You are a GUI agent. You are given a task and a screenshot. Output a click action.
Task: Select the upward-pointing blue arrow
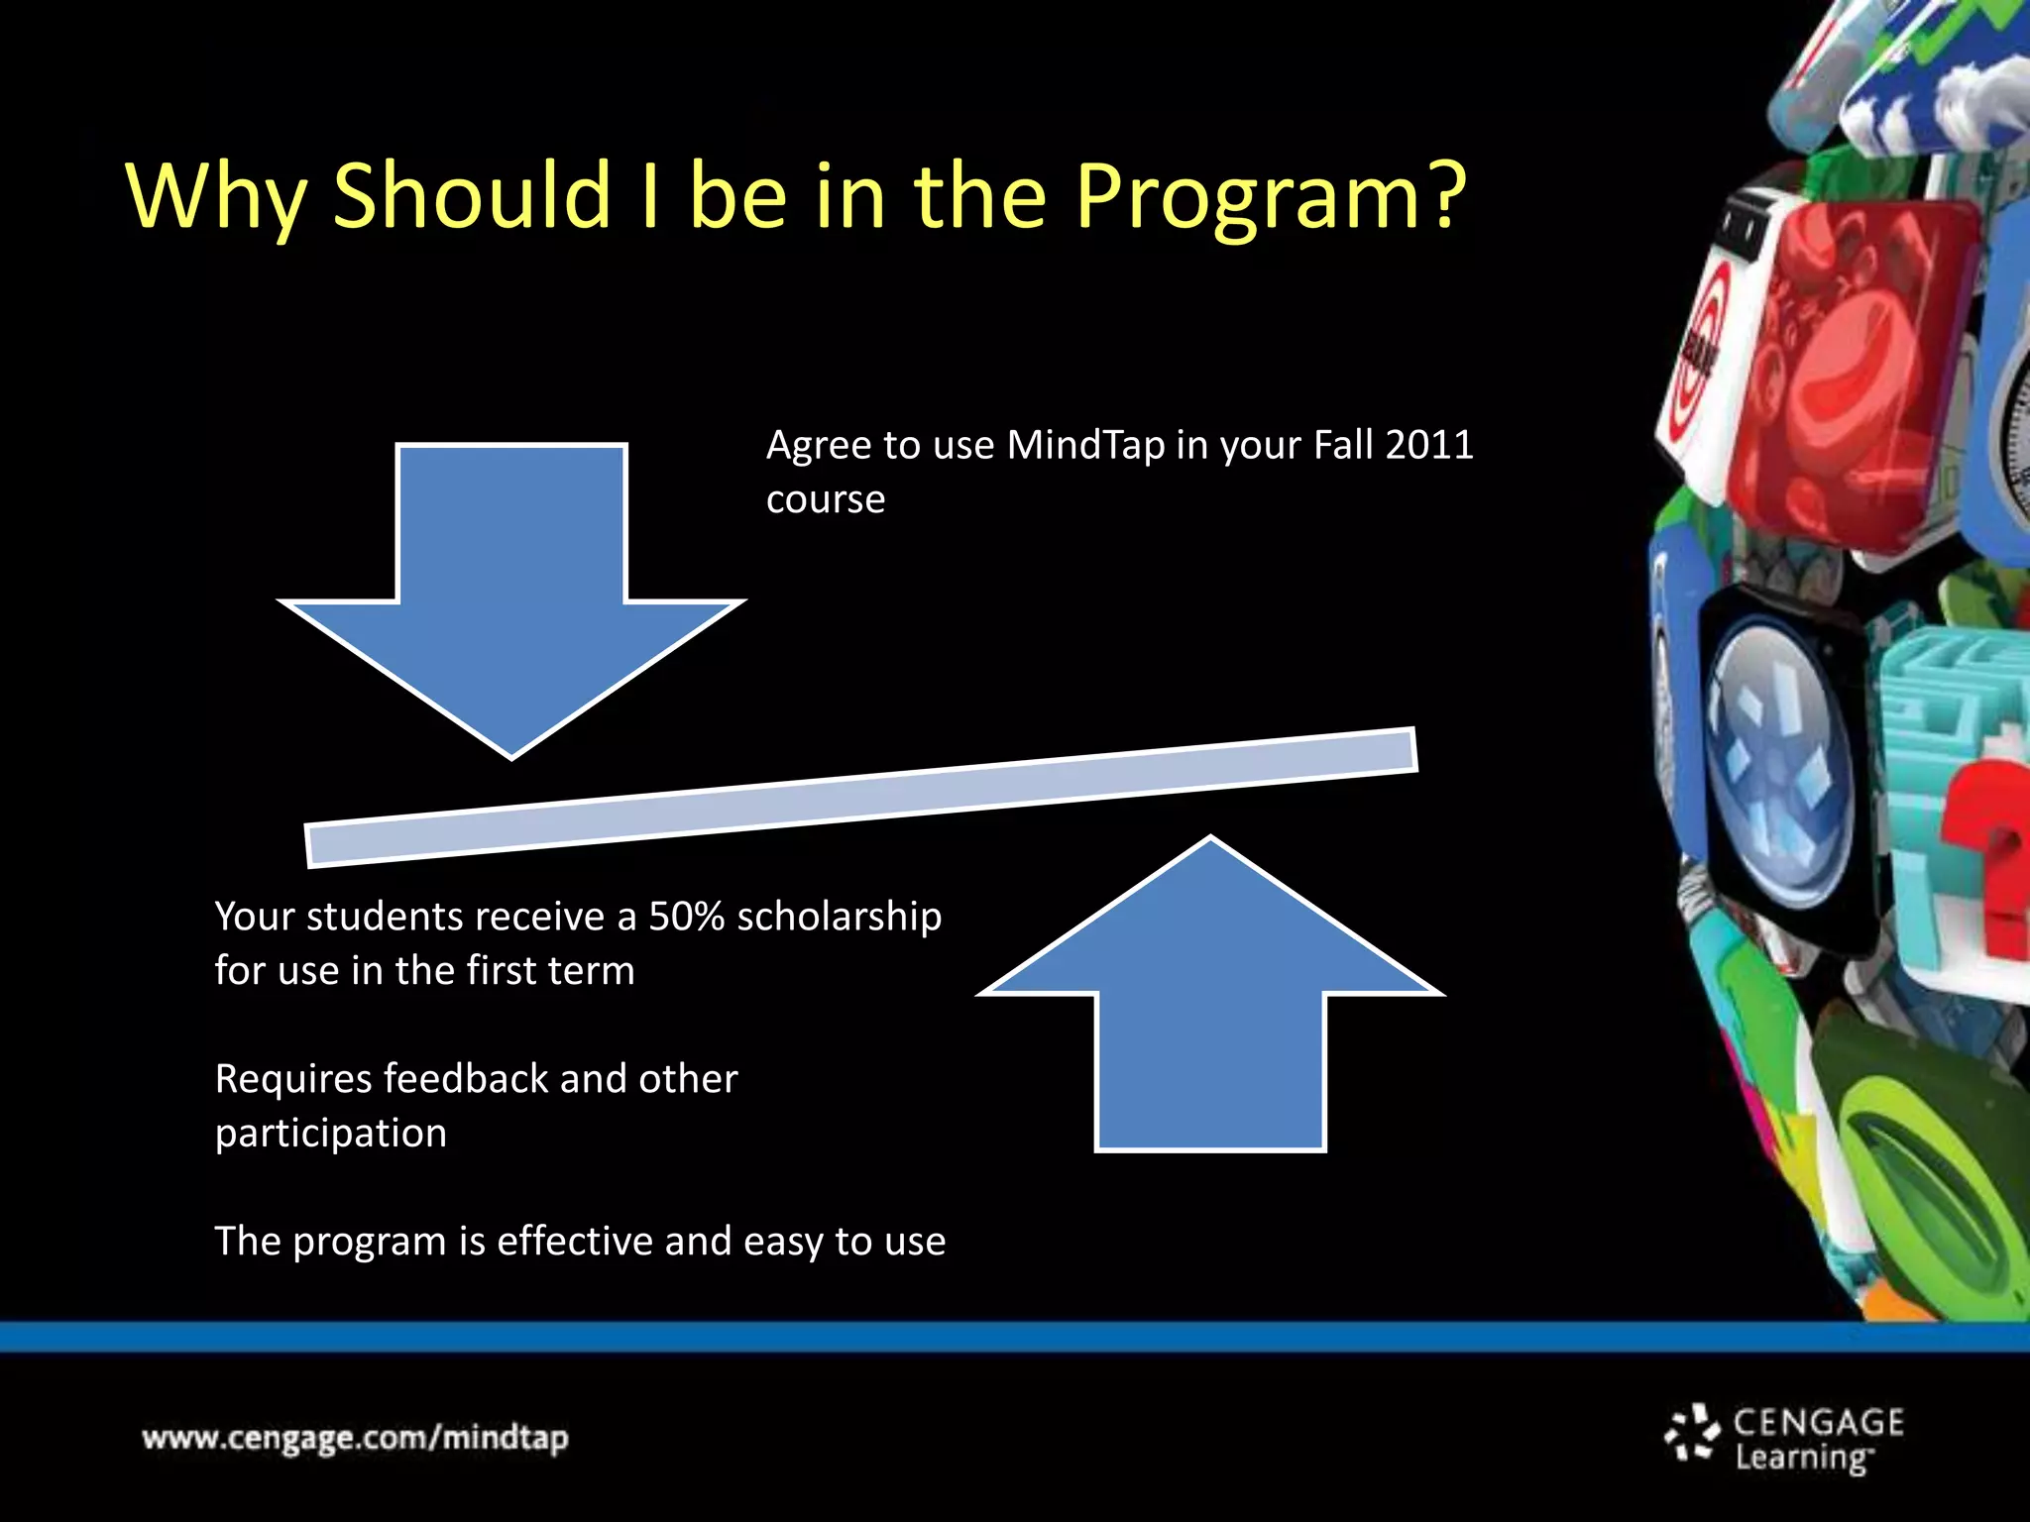1210,1001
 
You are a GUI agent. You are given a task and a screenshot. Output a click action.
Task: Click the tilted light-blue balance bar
860,798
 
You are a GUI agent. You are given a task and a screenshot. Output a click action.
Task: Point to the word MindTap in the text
1085,445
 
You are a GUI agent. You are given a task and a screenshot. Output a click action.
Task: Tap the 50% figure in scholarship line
686,917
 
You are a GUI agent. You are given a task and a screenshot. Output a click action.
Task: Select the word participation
331,1134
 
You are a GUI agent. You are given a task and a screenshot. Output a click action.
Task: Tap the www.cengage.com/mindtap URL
355,1438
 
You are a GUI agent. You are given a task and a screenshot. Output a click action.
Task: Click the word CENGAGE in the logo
1818,1423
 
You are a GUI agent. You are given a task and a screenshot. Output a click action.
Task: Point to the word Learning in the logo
1802,1459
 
